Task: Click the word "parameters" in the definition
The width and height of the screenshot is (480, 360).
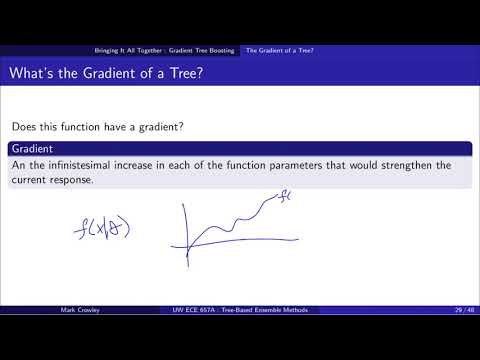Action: coord(310,165)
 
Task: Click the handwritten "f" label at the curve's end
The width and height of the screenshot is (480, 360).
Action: coord(284,197)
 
